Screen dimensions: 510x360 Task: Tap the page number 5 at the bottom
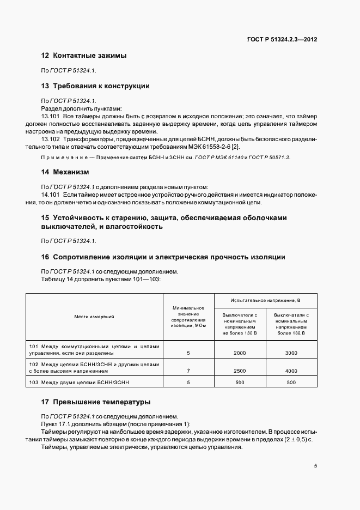coord(315,466)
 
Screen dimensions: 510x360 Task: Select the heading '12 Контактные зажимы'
coord(84,56)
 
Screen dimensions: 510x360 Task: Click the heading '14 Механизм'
coord(65,172)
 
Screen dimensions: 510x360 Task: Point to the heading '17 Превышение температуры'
coord(95,402)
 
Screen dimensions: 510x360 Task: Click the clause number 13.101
coord(51,117)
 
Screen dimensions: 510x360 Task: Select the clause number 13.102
coord(51,139)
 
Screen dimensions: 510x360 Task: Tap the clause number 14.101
coord(51,195)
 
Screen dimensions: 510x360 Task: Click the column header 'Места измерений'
coord(95,317)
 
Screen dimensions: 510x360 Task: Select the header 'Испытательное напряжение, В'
coord(266,300)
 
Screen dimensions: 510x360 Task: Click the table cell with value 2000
coord(240,353)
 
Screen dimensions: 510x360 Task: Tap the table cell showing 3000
coord(291,353)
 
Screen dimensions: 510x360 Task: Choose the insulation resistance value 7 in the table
coord(188,371)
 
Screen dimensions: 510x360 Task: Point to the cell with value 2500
coord(240,371)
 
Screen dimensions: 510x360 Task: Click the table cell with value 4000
coord(291,371)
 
